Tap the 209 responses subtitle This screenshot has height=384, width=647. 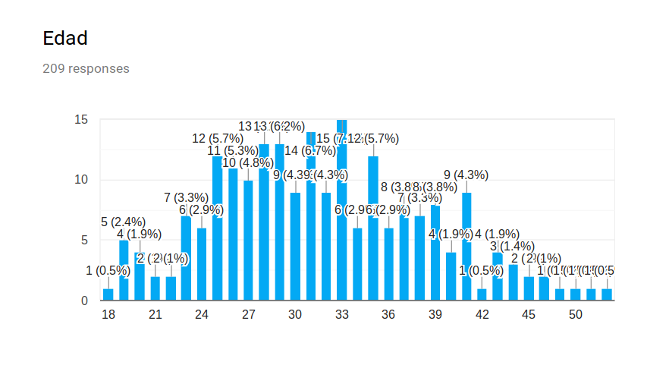tap(86, 69)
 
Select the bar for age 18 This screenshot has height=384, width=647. tap(108, 294)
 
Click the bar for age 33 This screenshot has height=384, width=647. tap(342, 228)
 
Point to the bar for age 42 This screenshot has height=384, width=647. tap(482, 294)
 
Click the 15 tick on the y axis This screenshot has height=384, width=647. tap(81, 120)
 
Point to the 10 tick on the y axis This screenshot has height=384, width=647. tap(81, 180)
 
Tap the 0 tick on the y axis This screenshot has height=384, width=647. tap(84, 301)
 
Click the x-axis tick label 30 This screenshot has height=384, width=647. tap(295, 315)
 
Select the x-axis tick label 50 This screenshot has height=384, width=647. tap(576, 315)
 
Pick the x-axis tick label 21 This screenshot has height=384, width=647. tap(155, 315)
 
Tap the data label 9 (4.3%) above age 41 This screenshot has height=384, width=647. tap(466, 175)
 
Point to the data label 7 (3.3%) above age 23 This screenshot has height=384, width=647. tap(186, 198)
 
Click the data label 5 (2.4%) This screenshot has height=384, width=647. tap(123, 222)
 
